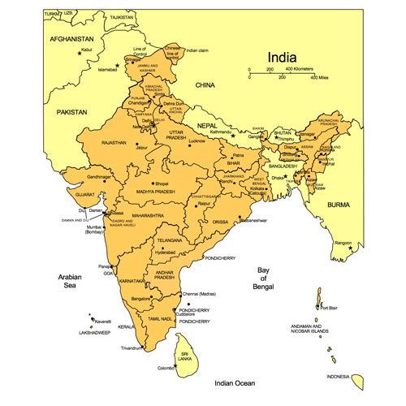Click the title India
pyautogui.click(x=289, y=56)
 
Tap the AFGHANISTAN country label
pyautogui.click(x=71, y=39)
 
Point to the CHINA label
pyautogui.click(x=204, y=84)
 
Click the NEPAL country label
pyautogui.click(x=207, y=125)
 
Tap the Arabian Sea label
pyautogui.click(x=70, y=282)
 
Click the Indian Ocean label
pyautogui.click(x=235, y=382)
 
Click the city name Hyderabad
pyautogui.click(x=164, y=253)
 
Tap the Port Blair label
pyautogui.click(x=329, y=308)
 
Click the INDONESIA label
pyautogui.click(x=339, y=377)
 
